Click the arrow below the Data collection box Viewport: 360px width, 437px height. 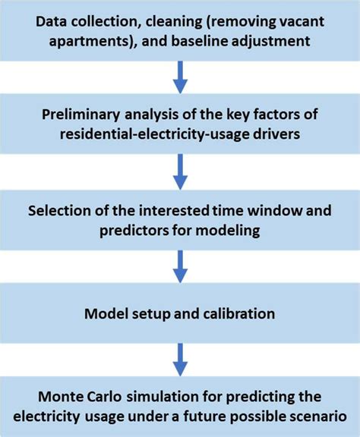[180, 77]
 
